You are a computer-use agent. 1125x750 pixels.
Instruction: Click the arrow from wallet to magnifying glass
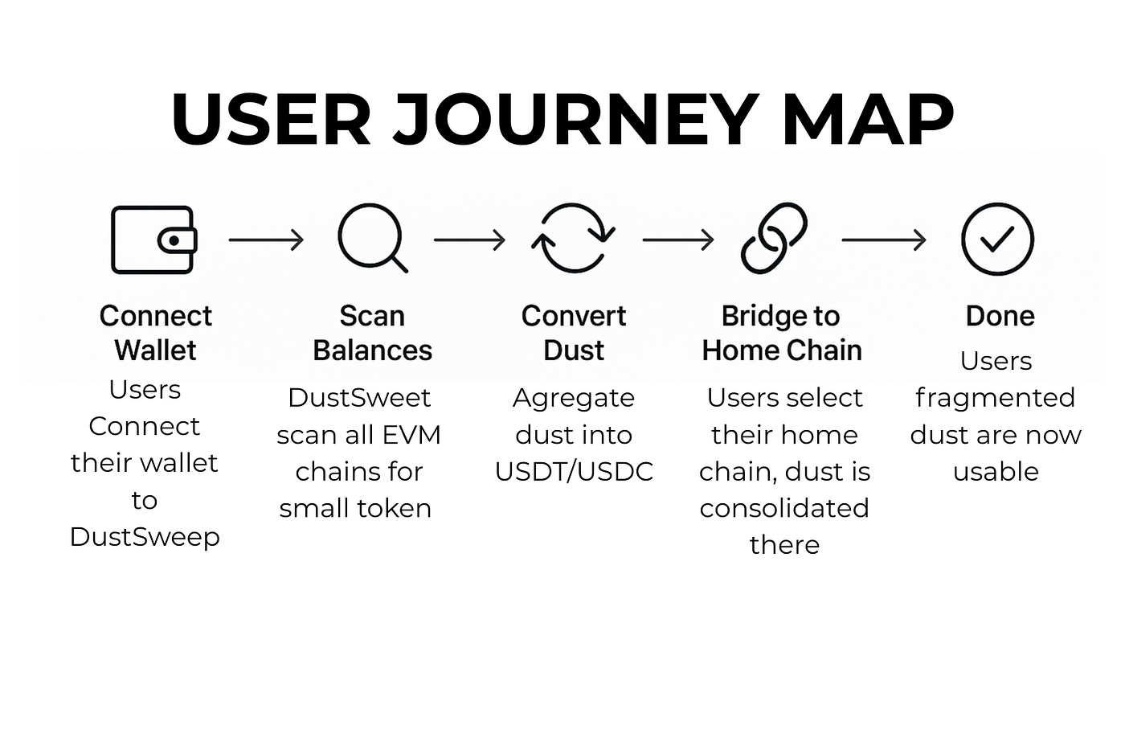tap(266, 240)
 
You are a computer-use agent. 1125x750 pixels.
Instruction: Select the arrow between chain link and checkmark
tap(884, 240)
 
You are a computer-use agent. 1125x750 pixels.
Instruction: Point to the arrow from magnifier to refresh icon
tap(469, 240)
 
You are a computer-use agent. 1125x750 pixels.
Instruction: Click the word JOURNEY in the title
tap(575, 120)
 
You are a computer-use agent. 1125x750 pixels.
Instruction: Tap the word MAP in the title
tap(867, 120)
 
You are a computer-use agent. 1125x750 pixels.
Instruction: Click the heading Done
tap(1000, 316)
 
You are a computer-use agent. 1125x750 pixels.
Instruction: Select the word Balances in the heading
tap(372, 350)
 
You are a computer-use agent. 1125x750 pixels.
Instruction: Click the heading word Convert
tap(574, 316)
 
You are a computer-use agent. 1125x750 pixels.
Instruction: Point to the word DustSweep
tap(145, 538)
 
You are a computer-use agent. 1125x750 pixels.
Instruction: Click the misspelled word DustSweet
tap(359, 398)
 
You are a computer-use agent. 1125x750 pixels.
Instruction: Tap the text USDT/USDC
tap(574, 472)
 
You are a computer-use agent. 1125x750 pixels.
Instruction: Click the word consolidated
tap(784, 508)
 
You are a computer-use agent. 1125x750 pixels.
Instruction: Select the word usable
tap(996, 471)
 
